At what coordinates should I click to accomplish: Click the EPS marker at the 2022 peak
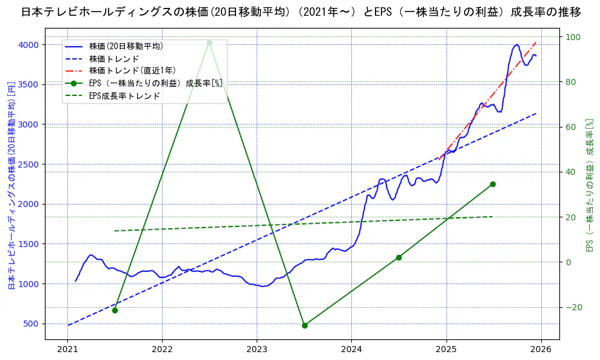209,42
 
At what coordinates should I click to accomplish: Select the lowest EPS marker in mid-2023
305,325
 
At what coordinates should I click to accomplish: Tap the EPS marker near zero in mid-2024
399,257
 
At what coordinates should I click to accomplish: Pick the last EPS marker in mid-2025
493,184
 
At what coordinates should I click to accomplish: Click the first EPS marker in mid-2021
115,310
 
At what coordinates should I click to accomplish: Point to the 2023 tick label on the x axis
257,349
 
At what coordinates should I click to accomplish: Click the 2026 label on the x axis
541,349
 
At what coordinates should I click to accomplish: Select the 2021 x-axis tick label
67,349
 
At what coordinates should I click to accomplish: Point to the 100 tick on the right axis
573,37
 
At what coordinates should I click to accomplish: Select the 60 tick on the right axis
571,127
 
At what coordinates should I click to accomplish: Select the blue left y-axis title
11,185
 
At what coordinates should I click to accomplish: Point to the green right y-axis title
588,185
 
